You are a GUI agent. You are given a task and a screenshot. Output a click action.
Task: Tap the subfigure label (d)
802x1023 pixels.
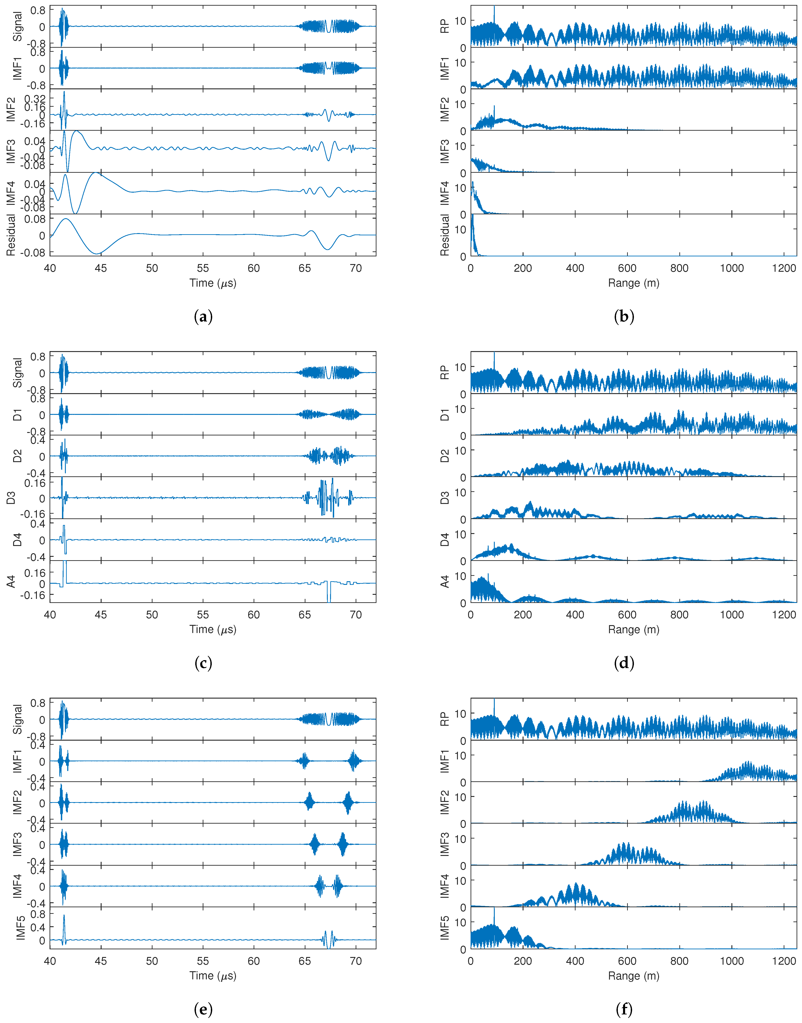click(x=624, y=663)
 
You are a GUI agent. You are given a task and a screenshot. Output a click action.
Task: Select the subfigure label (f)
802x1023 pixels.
click(x=624, y=1009)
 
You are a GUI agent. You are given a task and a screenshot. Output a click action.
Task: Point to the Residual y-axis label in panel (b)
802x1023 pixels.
click(x=444, y=235)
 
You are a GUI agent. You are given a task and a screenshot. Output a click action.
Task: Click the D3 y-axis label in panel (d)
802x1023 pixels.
click(x=444, y=498)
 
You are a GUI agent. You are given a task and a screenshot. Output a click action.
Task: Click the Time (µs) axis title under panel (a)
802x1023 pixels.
click(x=213, y=283)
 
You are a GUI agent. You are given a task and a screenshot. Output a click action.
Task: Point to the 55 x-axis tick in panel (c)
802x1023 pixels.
click(x=203, y=615)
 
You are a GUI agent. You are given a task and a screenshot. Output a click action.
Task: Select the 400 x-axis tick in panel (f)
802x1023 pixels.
click(x=575, y=961)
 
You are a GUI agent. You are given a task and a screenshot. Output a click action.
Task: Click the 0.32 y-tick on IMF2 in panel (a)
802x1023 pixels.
click(x=35, y=99)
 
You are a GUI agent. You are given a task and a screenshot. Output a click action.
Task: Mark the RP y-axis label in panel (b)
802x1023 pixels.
click(x=444, y=26)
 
